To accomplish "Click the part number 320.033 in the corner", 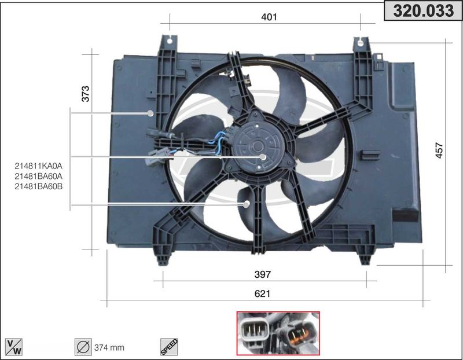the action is click(423, 10).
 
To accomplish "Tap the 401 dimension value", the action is click(269, 17).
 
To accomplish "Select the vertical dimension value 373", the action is click(85, 94).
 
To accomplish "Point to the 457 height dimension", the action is click(439, 150).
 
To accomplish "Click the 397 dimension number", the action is click(262, 274).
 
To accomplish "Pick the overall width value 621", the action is click(262, 293).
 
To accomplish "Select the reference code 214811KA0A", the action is click(39, 166).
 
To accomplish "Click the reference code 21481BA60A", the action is click(39, 177).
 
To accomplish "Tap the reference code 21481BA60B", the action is click(39, 186).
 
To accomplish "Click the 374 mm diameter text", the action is click(109, 348).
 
